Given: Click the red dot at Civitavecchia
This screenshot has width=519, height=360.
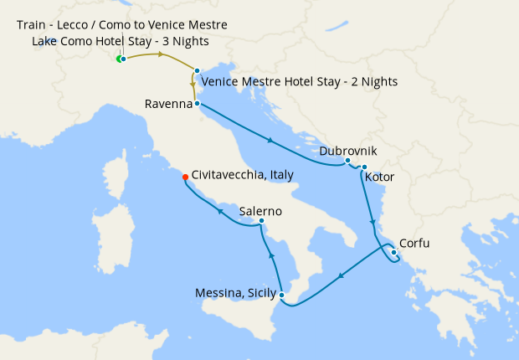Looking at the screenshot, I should point(185,176).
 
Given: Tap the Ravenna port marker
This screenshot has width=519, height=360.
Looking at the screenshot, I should point(196,104).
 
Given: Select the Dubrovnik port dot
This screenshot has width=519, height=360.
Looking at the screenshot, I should point(347,160).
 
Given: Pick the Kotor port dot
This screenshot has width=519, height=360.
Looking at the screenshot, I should point(364,167).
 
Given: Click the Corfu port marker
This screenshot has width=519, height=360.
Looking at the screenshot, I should point(393,252).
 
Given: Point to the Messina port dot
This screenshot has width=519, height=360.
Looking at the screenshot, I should point(282,295).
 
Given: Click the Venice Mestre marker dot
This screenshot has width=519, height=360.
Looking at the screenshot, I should point(197,70).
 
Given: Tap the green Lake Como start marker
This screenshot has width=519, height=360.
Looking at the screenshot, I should point(120,59).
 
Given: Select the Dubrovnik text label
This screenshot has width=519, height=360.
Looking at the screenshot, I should point(348,151).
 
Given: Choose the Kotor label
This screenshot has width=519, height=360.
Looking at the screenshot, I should point(380,177).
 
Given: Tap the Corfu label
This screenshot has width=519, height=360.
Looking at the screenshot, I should point(416,245).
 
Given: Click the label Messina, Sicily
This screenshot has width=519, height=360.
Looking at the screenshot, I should point(235,294).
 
